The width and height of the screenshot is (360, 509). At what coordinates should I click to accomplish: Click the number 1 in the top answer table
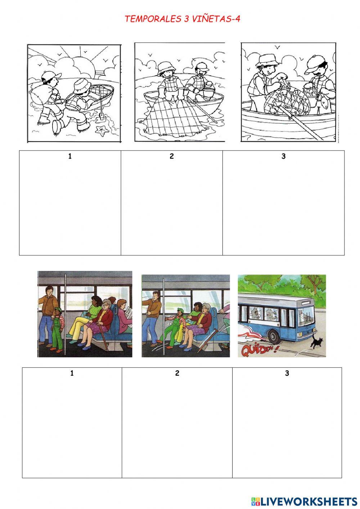click(70, 156)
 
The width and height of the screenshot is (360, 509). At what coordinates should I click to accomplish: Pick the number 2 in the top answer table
click(171, 156)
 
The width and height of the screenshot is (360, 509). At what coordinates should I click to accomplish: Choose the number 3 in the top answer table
click(283, 156)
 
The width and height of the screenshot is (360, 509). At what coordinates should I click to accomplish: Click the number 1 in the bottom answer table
click(72, 373)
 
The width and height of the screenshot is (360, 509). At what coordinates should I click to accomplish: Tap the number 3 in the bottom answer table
click(287, 373)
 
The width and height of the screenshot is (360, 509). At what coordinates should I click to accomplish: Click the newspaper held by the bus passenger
click(129, 316)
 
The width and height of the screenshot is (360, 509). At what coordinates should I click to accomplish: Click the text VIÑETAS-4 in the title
click(216, 19)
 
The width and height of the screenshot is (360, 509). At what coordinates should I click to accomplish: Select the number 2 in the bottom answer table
click(177, 373)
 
